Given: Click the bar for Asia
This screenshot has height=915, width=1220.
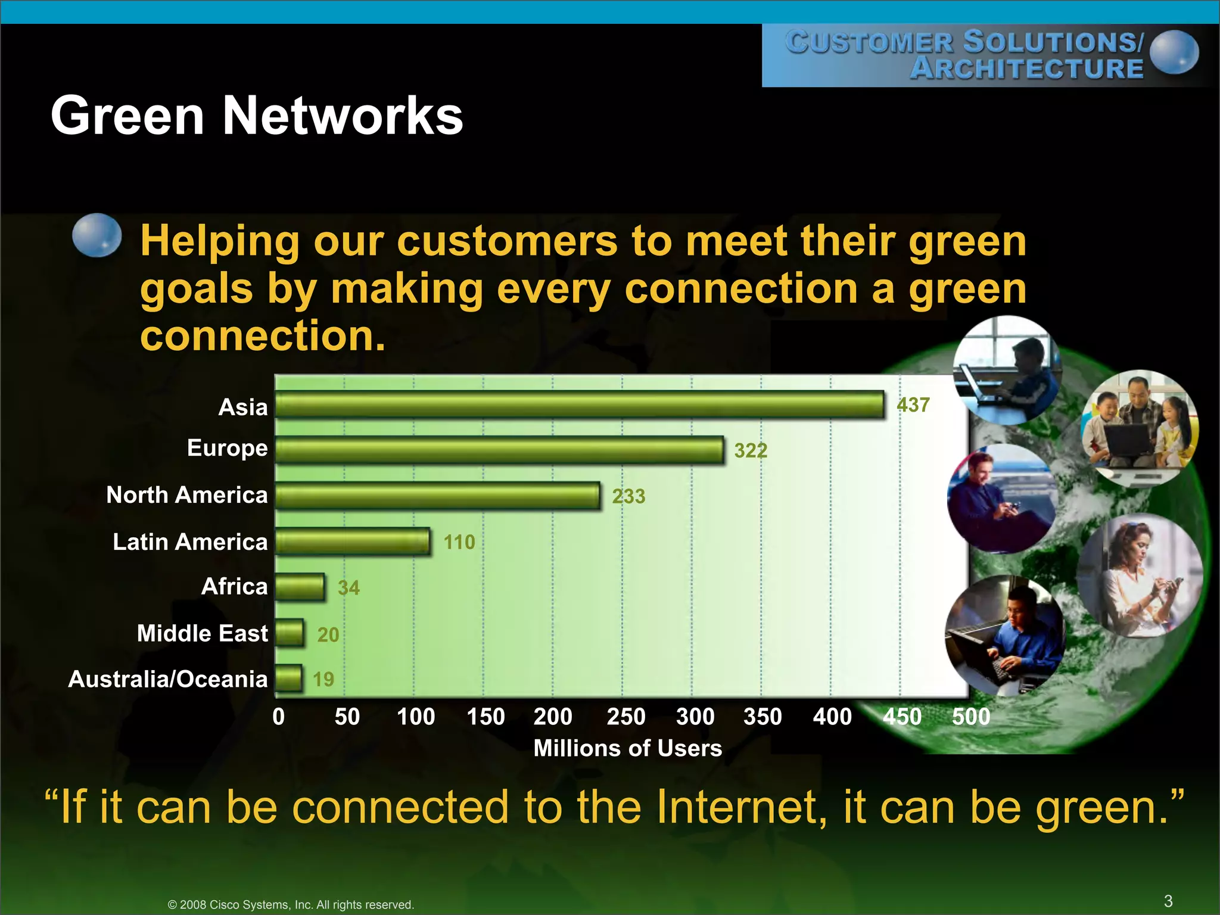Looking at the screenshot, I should [x=579, y=405].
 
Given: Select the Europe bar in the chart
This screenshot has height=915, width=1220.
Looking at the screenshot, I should [x=499, y=450].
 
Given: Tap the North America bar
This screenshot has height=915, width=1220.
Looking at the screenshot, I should [x=437, y=496].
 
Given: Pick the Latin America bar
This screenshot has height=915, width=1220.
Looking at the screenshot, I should [x=353, y=541].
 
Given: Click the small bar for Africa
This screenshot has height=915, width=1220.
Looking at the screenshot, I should [x=300, y=587].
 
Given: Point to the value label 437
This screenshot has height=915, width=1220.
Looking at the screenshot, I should [x=913, y=405].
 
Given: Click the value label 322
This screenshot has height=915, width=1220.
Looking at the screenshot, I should [x=751, y=450].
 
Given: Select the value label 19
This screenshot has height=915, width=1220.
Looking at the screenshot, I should [x=323, y=679].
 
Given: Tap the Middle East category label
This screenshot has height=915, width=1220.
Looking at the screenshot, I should [x=203, y=633].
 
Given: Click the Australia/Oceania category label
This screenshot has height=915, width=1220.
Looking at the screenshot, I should [x=168, y=679].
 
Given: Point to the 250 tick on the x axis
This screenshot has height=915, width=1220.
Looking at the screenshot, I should [x=626, y=717].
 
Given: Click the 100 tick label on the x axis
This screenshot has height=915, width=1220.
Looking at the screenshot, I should [x=416, y=717].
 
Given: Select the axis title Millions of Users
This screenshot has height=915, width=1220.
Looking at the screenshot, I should [x=628, y=748].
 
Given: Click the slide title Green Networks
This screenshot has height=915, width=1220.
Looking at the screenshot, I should [x=257, y=116].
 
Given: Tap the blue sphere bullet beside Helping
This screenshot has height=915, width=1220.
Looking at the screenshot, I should [x=97, y=235].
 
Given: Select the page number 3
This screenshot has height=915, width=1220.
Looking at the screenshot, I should [x=1168, y=901].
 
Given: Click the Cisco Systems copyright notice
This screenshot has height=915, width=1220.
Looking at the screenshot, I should [x=291, y=904].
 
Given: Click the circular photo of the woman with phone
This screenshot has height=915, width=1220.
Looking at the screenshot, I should [x=1139, y=575].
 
